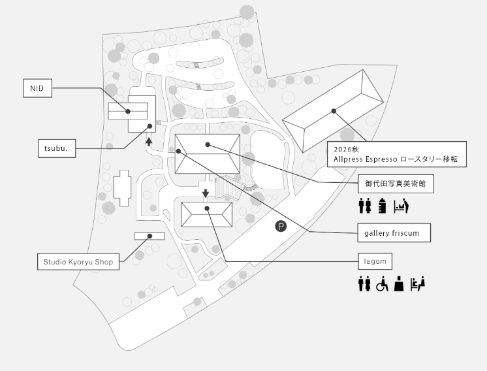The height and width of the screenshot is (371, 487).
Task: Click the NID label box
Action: tap(37, 88)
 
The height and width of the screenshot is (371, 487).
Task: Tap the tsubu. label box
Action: tap(57, 148)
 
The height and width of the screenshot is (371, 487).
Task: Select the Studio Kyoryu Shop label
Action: tap(78, 262)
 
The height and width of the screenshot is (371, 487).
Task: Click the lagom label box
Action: tap(375, 261)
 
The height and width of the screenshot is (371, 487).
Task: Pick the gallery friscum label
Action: tap(394, 233)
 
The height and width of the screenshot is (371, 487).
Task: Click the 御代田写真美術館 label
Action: tap(396, 184)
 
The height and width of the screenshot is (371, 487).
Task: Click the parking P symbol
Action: tap(281, 226)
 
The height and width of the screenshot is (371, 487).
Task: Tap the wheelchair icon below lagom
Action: tap(382, 284)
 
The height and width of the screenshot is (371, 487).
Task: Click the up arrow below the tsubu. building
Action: tap(149, 142)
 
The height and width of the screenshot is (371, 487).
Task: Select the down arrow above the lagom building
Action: tap(205, 193)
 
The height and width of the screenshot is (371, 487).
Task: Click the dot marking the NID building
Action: tap(128, 111)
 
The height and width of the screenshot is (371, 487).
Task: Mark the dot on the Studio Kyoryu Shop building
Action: tap(149, 236)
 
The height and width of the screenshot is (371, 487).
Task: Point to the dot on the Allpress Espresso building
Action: tap(334, 111)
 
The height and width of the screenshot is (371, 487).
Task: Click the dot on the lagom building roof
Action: tap(207, 208)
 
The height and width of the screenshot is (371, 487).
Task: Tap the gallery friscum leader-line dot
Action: tap(179, 151)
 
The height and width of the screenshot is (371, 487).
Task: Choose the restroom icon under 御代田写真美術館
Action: tap(365, 206)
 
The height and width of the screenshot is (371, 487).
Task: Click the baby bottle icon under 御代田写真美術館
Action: tap(383, 206)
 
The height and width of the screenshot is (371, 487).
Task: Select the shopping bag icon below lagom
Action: tap(399, 284)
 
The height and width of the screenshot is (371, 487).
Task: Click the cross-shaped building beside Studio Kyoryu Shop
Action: tap(122, 188)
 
